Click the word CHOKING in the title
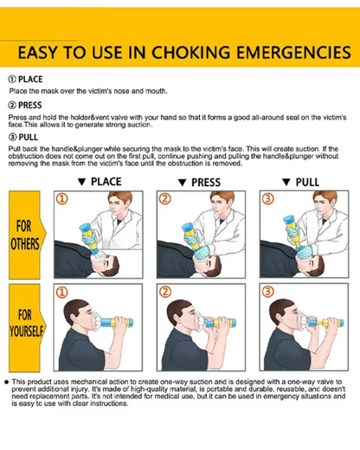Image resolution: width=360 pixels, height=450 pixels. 190,53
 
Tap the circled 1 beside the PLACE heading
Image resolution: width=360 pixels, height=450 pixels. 12,80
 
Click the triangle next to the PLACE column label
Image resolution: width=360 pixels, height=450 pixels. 82,182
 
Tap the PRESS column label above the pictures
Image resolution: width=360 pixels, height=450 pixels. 206,183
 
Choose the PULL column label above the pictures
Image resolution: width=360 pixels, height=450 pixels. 307,183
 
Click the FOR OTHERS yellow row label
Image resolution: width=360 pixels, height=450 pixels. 26,235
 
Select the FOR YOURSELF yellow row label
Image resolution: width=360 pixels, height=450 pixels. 26,328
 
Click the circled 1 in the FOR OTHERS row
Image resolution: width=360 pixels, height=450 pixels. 62,199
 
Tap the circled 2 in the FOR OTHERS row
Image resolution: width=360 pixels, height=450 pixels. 165,199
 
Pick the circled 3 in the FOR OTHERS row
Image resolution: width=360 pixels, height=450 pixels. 268,199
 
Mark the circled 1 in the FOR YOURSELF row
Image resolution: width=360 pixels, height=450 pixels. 61,292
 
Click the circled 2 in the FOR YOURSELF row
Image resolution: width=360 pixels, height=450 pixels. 165,292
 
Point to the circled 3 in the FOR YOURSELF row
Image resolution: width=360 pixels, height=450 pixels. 267,292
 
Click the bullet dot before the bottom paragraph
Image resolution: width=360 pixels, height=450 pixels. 6,382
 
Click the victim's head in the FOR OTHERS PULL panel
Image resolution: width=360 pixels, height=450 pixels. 311,264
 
